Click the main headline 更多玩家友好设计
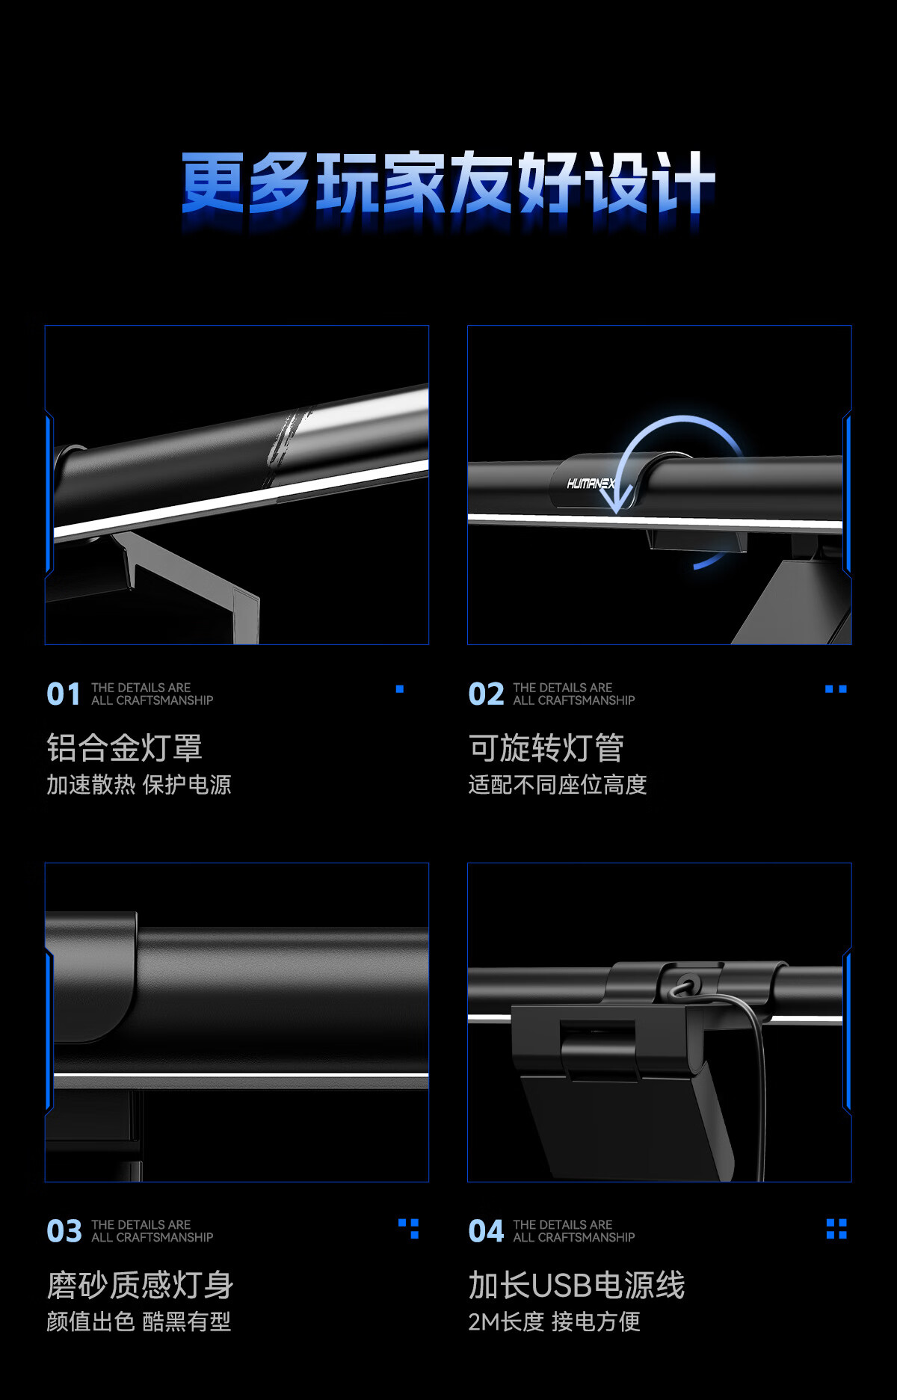(449, 182)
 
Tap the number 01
(64, 694)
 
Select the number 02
(486, 694)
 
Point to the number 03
(64, 1231)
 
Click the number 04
(486, 1231)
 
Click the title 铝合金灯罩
(124, 747)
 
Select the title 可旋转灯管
(546, 747)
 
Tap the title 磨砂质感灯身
(140, 1285)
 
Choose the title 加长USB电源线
(576, 1285)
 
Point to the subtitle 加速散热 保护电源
(139, 784)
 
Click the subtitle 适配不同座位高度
(558, 784)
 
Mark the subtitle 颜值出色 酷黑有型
(139, 1322)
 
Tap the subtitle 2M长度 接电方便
(555, 1322)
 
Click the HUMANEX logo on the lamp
(591, 484)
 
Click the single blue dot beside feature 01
(400, 689)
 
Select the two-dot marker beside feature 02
(836, 689)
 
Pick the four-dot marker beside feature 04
(836, 1229)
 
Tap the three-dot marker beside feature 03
(409, 1229)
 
